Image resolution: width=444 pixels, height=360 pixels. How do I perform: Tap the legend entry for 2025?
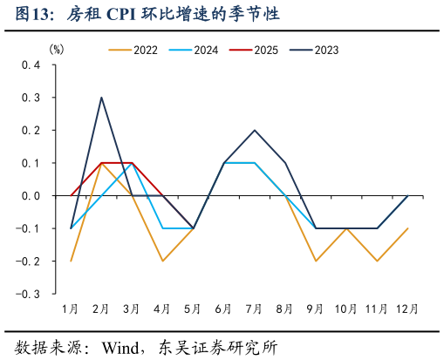coord(266,51)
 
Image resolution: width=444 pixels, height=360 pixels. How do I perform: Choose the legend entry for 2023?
coord(326,51)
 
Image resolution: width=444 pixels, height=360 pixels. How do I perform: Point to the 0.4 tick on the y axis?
coord(31,65)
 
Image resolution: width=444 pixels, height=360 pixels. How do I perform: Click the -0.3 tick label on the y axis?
coord(29,294)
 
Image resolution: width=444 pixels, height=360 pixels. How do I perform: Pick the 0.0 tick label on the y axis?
coord(31,196)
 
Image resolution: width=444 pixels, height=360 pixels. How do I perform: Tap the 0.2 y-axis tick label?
coord(31,131)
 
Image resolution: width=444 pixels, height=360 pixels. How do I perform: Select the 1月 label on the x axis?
coord(71,309)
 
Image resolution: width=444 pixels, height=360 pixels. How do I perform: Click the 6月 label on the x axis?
coord(223,309)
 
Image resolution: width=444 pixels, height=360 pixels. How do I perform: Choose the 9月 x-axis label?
coord(315,309)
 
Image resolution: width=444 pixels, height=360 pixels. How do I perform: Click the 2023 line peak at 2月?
coord(101,98)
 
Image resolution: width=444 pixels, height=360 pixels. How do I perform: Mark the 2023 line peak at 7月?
coord(254,130)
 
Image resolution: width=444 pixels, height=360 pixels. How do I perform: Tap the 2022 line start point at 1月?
coord(71,261)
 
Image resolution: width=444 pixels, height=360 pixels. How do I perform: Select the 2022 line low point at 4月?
coord(162,261)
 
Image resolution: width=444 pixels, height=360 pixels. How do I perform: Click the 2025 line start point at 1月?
coord(71,195)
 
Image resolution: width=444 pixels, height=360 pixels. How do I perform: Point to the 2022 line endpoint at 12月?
coord(406,228)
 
